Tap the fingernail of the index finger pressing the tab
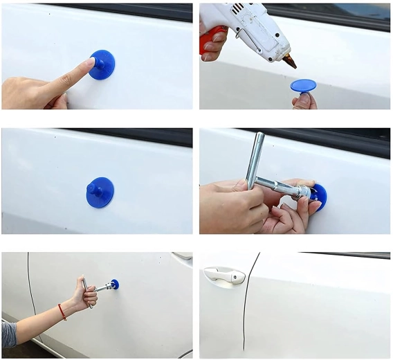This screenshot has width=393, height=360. pos(90,62)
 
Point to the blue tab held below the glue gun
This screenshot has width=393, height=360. pos(303,86)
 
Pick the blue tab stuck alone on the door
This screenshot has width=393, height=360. pos(100,192)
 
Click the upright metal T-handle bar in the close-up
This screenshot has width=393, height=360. pos(255,159)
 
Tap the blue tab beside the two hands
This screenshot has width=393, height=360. pos(319,196)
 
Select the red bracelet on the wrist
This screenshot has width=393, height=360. pos(62,312)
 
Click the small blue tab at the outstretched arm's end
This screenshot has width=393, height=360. pos(115,284)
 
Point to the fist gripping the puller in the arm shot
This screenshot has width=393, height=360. pos(89,295)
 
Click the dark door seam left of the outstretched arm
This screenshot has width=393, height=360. pos(30,291)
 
